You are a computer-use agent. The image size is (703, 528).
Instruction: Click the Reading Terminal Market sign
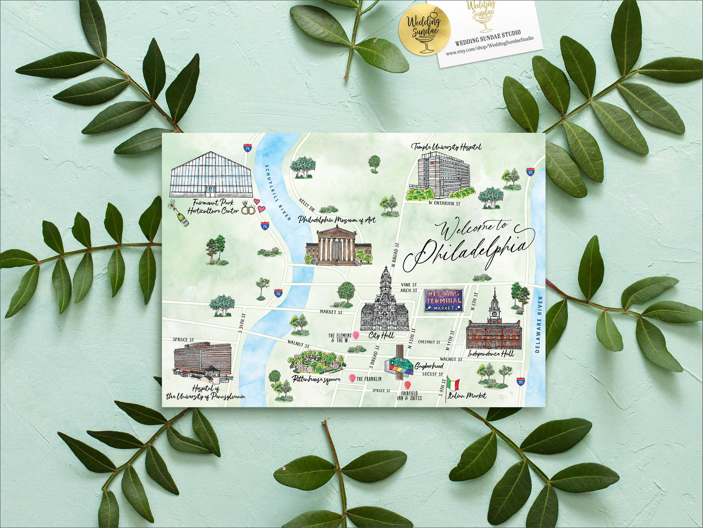click(443, 301)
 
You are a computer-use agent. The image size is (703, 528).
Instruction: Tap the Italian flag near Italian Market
click(453, 384)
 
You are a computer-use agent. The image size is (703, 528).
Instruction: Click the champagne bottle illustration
click(179, 214)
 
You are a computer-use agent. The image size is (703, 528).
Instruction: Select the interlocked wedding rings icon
click(248, 209)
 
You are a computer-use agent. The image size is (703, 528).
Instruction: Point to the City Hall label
click(381, 335)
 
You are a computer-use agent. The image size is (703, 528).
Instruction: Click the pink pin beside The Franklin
click(352, 378)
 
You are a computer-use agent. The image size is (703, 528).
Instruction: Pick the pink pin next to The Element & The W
click(356, 336)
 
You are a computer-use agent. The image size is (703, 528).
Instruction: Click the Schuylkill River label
click(278, 193)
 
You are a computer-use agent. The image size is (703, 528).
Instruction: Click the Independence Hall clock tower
click(494, 304)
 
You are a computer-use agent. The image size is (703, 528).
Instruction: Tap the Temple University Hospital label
click(446, 146)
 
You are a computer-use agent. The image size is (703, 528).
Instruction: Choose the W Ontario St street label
click(444, 203)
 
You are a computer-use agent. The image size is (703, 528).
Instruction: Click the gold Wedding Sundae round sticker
click(424, 29)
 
